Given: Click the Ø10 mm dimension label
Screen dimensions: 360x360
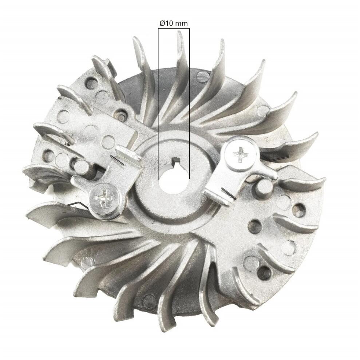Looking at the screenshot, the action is click(173, 23).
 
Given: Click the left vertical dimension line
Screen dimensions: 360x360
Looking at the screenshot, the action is click(158, 104).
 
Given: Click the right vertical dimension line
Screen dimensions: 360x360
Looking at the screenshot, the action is click(189, 104).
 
